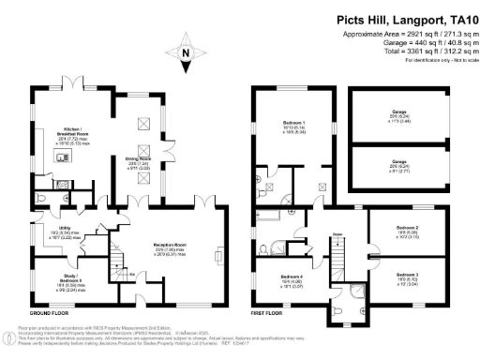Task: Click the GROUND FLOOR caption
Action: tap(52, 310)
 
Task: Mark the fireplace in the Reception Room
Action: tap(217, 252)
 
